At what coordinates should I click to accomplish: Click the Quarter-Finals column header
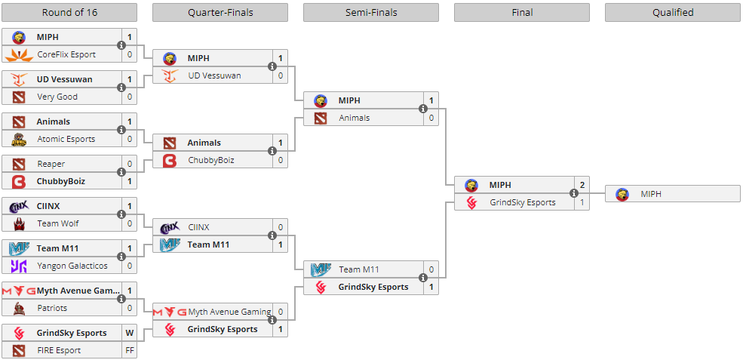pos(220,12)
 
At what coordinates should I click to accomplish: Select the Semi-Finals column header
pos(370,12)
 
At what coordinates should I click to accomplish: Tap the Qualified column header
pos(672,12)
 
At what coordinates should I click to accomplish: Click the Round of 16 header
pos(69,12)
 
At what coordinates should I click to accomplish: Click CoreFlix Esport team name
pos(66,54)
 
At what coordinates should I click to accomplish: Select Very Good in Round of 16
pos(57,97)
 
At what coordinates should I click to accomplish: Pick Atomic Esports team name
pos(66,139)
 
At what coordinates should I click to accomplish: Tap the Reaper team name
pos(51,164)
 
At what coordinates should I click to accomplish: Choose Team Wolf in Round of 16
pos(58,223)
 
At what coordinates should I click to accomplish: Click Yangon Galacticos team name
pos(72,266)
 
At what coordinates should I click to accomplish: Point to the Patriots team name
pos(52,308)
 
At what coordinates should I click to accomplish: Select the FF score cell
pos(130,350)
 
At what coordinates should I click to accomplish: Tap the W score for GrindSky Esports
pos(130,333)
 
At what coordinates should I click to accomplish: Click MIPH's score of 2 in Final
pos(582,185)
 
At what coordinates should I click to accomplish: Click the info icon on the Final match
pos(574,193)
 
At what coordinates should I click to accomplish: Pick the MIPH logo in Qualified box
pos(622,194)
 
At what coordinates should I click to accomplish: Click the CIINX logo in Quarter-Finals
pos(170,227)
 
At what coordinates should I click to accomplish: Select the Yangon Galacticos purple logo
pos(19,266)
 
